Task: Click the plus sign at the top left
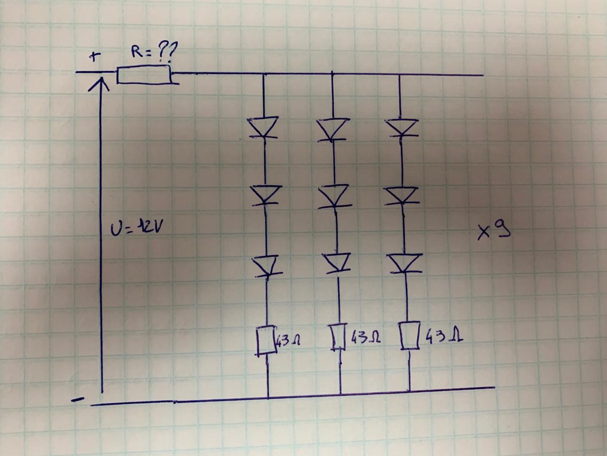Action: point(96,57)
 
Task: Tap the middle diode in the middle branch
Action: point(333,196)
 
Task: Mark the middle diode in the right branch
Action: point(402,195)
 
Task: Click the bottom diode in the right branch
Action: point(405,264)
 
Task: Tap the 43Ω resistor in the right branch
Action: point(409,336)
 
